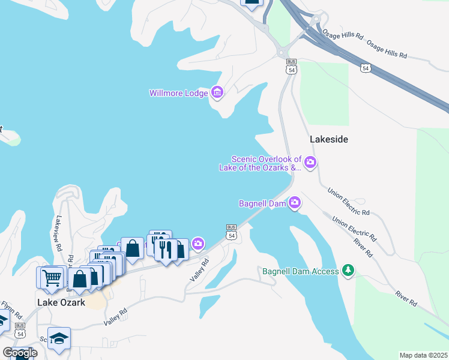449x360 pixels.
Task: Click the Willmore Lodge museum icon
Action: tap(217, 92)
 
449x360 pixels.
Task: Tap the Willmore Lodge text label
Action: tap(179, 93)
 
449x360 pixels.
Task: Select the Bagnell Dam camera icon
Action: tap(294, 203)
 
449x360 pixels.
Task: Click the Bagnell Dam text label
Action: tap(262, 204)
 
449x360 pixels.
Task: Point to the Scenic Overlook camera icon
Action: tap(310, 161)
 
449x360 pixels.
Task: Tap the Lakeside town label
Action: tap(329, 139)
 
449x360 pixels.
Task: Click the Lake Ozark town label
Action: tap(61, 302)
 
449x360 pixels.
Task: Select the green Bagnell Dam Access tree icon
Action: tap(348, 271)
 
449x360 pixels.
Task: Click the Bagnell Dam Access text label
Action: tap(301, 271)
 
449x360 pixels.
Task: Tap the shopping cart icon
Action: tap(51, 277)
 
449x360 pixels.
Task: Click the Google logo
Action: tap(20, 352)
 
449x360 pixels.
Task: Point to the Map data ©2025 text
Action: tap(424, 355)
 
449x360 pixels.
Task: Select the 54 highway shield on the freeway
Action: tap(366, 68)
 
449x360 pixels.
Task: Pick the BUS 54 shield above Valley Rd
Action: tap(231, 232)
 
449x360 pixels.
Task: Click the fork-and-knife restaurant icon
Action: tap(166, 248)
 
